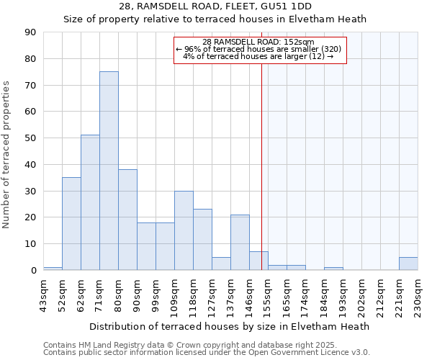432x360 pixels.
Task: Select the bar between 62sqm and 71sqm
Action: point(90,202)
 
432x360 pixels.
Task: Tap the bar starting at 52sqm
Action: point(71,223)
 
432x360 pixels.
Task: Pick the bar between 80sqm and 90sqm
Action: point(127,220)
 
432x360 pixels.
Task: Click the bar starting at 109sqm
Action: point(184,230)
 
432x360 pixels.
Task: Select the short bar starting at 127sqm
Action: point(221,264)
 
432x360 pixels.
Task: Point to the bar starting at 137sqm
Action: point(240,243)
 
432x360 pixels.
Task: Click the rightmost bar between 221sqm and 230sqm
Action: point(408,264)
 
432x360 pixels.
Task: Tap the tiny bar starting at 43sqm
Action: point(53,269)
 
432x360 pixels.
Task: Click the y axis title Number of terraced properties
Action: point(7,154)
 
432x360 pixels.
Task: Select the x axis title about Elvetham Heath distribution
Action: point(230,326)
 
